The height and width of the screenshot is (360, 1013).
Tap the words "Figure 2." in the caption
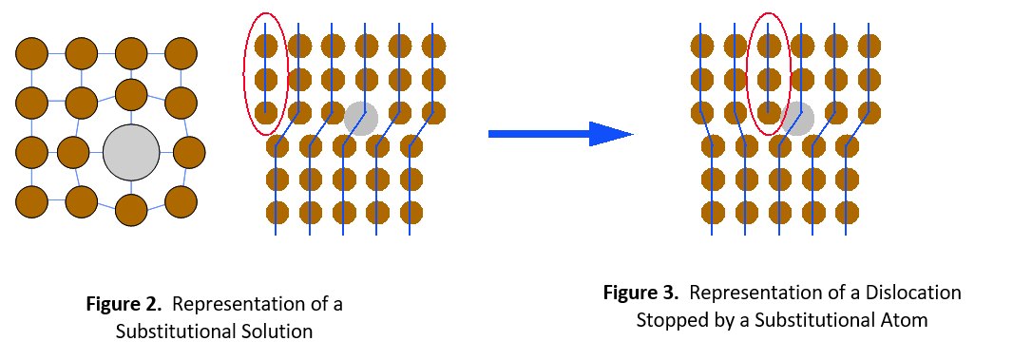click(125, 305)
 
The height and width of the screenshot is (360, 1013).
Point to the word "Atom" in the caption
click(907, 320)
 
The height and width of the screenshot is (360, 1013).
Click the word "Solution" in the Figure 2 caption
click(277, 332)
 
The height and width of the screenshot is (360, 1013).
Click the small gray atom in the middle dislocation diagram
click(361, 119)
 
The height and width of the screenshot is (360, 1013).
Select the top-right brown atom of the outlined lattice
click(181, 52)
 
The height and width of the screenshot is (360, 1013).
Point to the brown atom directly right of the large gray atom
click(190, 151)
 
